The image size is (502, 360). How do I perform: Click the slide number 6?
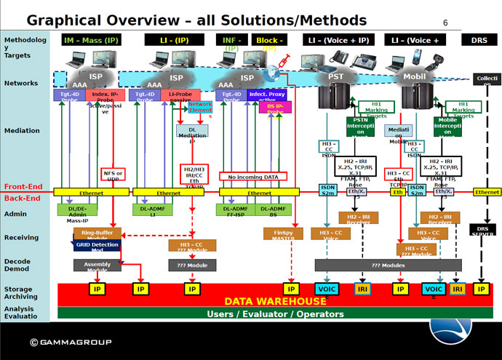[445, 23]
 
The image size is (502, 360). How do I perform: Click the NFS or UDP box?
[114, 175]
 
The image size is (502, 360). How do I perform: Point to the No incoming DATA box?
[253, 176]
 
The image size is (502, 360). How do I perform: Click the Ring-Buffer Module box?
[97, 234]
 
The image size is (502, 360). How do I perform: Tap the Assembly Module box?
[97, 265]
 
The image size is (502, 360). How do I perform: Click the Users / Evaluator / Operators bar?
[276, 313]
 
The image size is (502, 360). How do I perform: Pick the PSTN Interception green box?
[360, 127]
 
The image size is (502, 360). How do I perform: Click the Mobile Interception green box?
[447, 127]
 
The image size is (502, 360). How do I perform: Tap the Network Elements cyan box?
[200, 108]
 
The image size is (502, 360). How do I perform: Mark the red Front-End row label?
[23, 187]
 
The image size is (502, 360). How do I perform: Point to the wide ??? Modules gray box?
[388, 265]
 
